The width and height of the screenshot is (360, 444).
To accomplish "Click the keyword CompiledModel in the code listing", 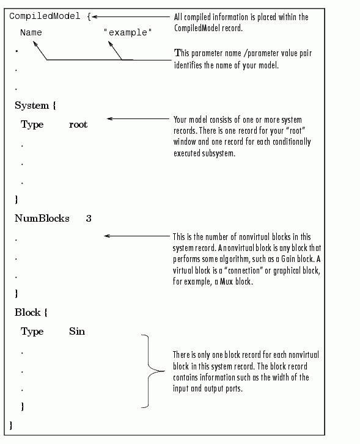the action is (x=45, y=16).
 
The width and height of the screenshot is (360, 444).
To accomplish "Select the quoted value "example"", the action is (x=128, y=32).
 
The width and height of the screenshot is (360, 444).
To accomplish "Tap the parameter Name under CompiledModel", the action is (x=31, y=32).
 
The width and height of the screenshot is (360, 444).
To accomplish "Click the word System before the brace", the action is (x=32, y=105).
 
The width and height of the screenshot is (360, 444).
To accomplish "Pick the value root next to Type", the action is (x=78, y=125).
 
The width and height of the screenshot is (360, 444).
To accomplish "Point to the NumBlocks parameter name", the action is (x=42, y=218).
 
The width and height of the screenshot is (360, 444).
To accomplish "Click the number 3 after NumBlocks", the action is (x=89, y=219).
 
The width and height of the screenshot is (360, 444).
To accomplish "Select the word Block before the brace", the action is (x=28, y=312).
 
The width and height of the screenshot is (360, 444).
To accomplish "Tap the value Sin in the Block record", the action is (x=77, y=331).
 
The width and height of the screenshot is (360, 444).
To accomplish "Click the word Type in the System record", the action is (x=32, y=125).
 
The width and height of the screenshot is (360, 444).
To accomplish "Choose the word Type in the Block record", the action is (x=32, y=332).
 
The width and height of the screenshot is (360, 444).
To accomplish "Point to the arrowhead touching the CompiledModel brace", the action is (x=94, y=16).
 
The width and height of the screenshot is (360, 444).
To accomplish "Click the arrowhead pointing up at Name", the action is (x=35, y=43).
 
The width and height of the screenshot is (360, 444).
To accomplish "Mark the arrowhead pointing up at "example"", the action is (x=110, y=44).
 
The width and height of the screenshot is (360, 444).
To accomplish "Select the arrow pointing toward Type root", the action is (x=138, y=118).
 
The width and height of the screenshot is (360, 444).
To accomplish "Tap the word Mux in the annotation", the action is (x=226, y=282).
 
